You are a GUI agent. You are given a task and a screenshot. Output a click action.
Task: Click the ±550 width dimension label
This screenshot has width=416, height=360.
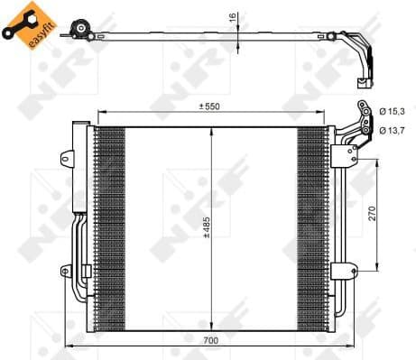(x=209, y=106)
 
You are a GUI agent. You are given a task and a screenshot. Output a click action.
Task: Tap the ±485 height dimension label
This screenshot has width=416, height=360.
(x=207, y=227)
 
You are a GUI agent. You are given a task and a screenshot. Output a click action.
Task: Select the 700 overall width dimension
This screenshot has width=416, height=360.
(x=211, y=340)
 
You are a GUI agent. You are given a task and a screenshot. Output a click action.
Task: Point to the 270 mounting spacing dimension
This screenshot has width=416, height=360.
(x=373, y=214)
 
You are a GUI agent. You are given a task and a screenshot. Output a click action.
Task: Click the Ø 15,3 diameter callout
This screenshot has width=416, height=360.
(x=392, y=112)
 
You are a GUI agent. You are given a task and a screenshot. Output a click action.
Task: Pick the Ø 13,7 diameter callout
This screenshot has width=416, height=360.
(x=392, y=131)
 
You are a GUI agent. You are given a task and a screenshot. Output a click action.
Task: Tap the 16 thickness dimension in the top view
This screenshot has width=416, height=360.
(x=233, y=17)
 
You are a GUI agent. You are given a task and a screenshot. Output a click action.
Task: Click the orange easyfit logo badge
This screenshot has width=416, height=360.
(x=29, y=25)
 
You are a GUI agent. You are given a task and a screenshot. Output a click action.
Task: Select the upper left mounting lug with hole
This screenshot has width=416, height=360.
(x=67, y=158)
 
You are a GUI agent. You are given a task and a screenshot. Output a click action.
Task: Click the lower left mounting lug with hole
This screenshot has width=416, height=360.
(x=66, y=272)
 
